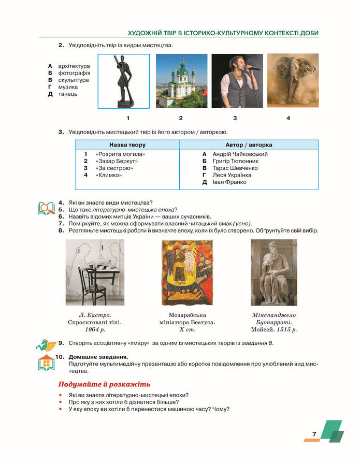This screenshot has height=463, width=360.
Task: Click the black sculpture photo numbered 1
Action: click(x=124, y=81)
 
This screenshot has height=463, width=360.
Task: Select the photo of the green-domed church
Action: click(x=181, y=81)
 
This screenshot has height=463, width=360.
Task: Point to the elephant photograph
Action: click(x=289, y=81)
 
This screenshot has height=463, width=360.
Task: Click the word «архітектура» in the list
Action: click(x=74, y=66)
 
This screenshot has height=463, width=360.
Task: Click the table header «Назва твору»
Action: click(x=127, y=145)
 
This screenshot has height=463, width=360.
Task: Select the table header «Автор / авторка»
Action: click(x=249, y=145)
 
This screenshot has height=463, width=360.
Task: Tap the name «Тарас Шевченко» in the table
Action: click(x=235, y=168)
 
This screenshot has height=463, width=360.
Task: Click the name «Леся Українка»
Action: click(x=233, y=175)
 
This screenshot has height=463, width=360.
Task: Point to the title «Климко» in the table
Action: click(x=109, y=175)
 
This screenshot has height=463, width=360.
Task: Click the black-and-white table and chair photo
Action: click(x=95, y=272)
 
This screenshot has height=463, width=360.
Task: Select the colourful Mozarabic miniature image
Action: click(x=187, y=272)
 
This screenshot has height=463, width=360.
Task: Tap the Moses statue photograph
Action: click(x=274, y=272)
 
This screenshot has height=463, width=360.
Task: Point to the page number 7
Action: click(x=314, y=434)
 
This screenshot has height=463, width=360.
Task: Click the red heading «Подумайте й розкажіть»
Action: click(x=104, y=384)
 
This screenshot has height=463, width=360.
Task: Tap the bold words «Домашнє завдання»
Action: click(x=98, y=357)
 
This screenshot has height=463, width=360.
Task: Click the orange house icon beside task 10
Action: click(x=46, y=363)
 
